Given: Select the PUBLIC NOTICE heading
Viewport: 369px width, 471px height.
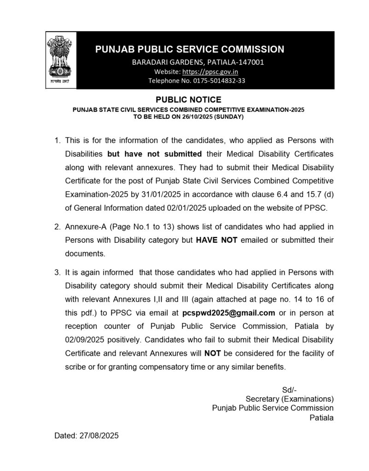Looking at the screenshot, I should (x=188, y=99).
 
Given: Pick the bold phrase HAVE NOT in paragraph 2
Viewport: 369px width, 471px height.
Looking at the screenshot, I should (x=217, y=240).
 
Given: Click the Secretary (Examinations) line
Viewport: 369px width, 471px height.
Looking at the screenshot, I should (x=290, y=399).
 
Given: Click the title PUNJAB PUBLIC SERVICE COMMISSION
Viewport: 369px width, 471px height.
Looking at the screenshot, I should (x=189, y=49).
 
